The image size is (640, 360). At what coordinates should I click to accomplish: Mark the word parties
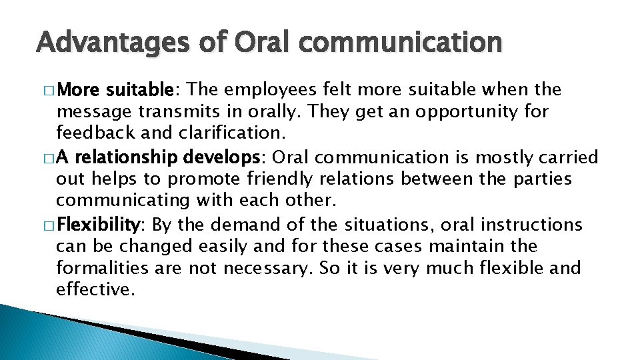tap(537, 179)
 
